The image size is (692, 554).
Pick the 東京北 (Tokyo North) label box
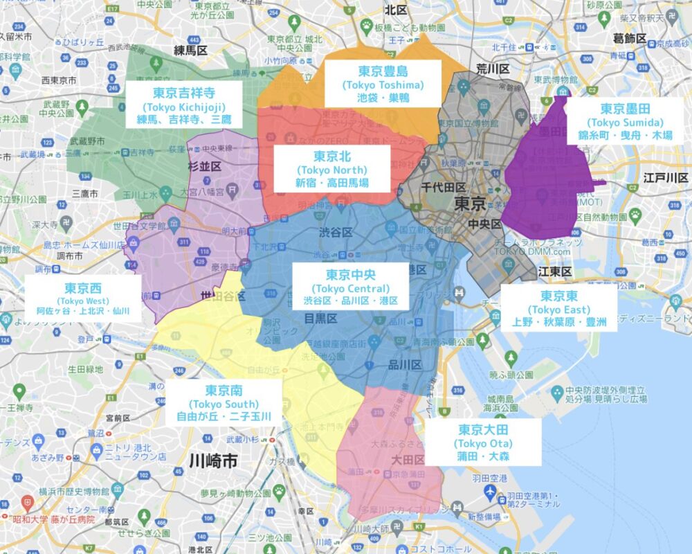coord(331,170)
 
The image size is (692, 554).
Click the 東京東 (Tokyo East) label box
coord(559,309)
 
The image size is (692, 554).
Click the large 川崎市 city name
coord(214,461)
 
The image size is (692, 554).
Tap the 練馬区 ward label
coord(191,51)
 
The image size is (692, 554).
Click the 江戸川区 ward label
coord(664,178)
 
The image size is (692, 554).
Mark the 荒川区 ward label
coord(493,69)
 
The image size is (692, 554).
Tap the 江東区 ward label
coord(554,271)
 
